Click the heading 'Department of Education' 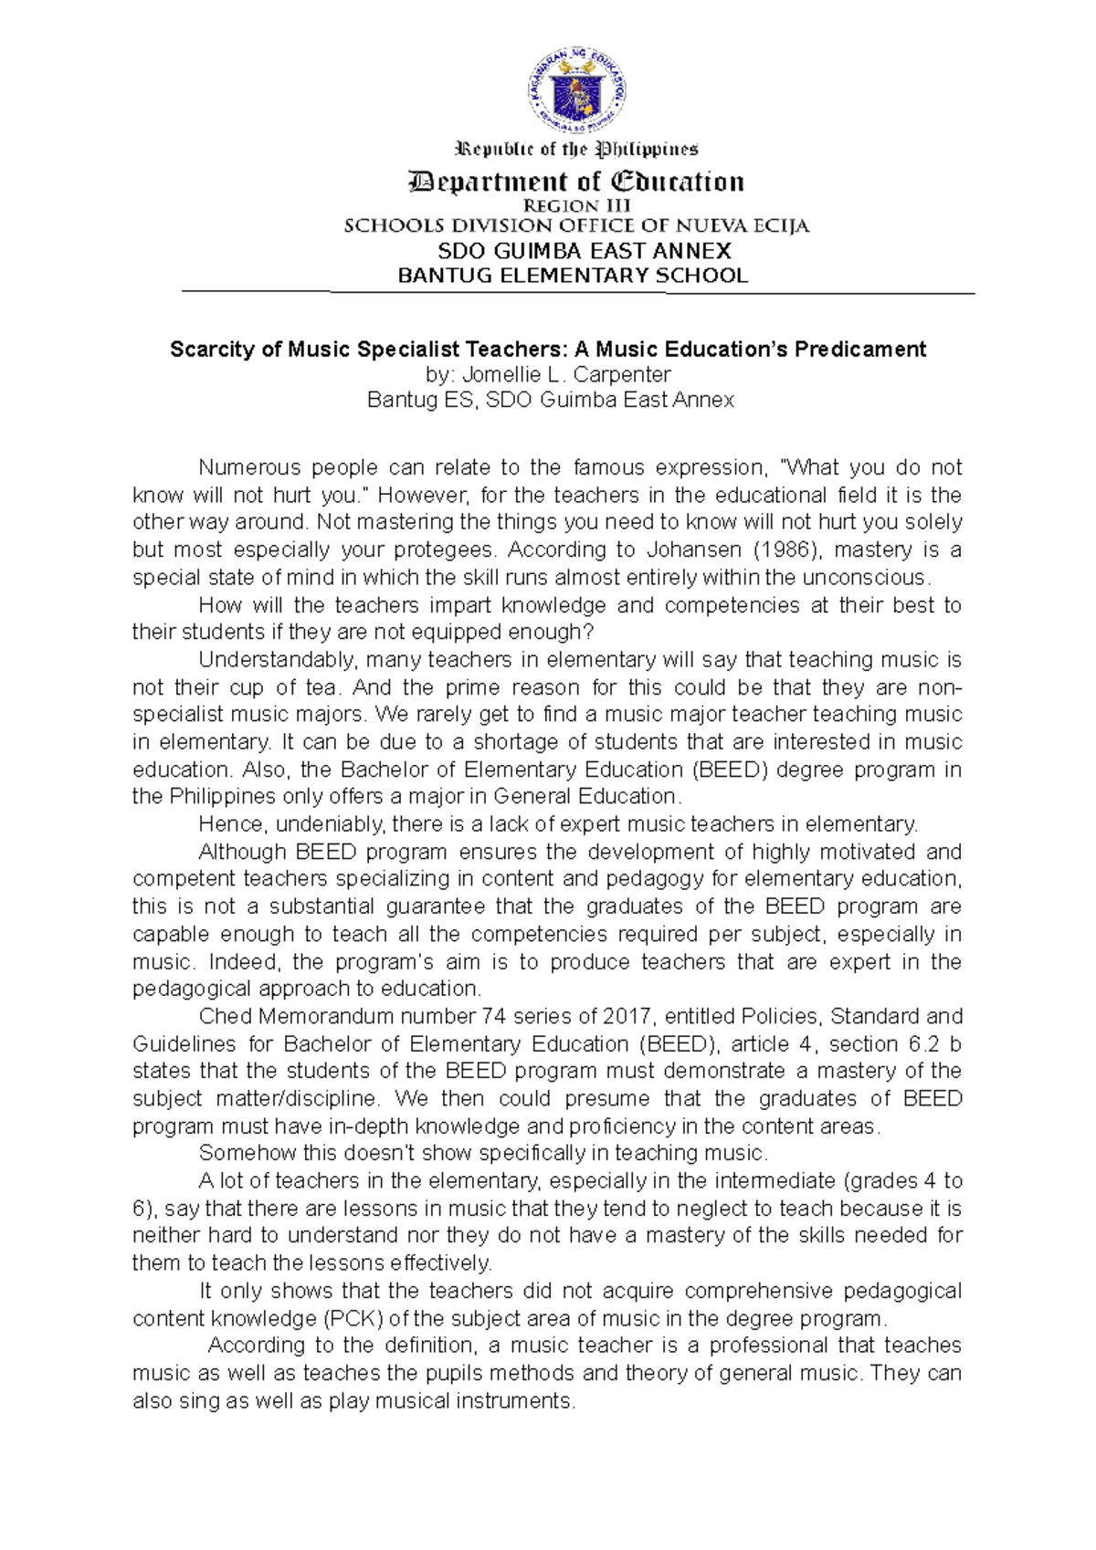click(576, 182)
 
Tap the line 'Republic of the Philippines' click(576, 149)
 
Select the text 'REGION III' click(576, 206)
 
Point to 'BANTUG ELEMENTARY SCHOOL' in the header click(573, 276)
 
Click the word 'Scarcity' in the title click(207, 350)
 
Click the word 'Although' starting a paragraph click(242, 852)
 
